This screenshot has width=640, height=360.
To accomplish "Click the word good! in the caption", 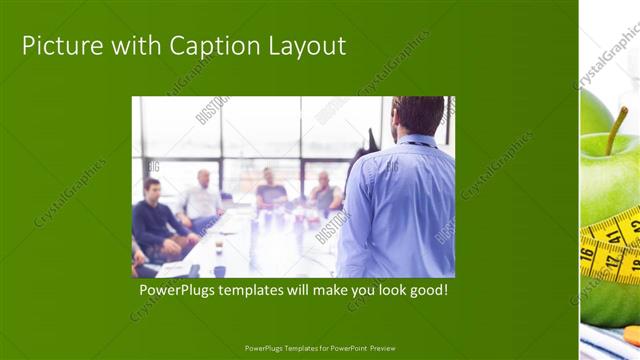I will tap(427, 291).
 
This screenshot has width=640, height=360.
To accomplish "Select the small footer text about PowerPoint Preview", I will tap(320, 348).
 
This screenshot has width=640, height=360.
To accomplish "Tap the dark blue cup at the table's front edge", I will tap(219, 271).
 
